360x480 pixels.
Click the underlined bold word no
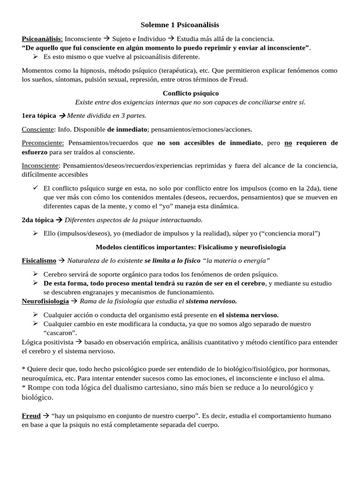point(288,142)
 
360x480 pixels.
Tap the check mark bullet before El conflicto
point(36,187)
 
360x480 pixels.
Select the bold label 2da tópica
point(36,219)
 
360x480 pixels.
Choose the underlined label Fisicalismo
point(39,260)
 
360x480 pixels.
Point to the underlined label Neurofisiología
point(45,300)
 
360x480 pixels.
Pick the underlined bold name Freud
point(31,416)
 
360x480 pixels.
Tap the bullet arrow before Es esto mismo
point(36,57)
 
